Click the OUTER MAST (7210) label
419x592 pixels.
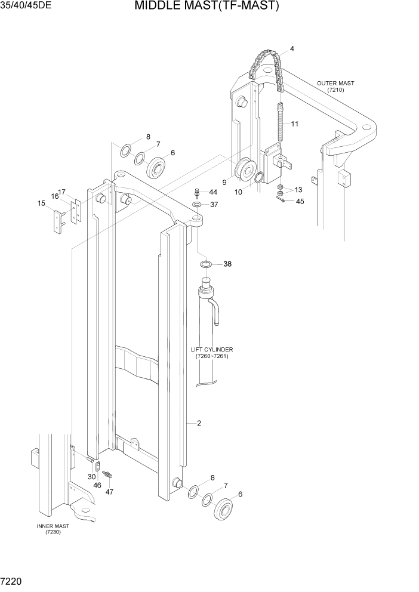[335, 87]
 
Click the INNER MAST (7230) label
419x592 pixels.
[53, 529]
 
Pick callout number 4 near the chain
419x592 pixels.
[292, 48]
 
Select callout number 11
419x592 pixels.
[294, 124]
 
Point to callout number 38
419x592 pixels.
[227, 264]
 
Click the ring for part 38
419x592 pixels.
[205, 264]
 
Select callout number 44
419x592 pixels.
[213, 192]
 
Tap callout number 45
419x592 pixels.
[300, 202]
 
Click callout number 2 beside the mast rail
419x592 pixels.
[199, 424]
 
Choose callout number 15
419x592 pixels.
[41, 203]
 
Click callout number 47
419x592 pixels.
[109, 492]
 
